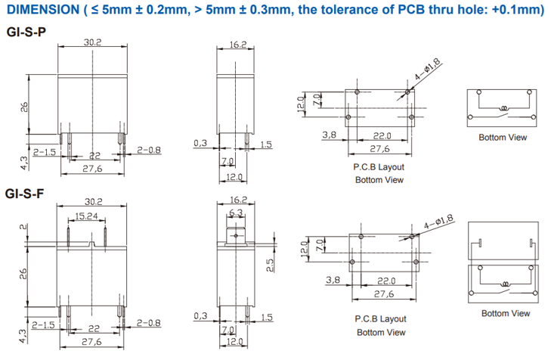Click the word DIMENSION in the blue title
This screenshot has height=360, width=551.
[x=43, y=10]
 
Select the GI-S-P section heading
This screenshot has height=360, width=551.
[x=26, y=33]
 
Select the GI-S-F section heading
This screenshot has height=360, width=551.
[x=25, y=194]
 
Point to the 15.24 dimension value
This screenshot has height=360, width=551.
[x=86, y=216]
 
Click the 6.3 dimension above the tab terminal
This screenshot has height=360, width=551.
[x=236, y=213]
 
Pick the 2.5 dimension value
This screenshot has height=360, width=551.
[x=270, y=265]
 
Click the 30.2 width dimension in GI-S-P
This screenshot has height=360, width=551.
[x=92, y=42]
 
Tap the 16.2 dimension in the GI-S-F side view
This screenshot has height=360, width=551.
[x=239, y=200]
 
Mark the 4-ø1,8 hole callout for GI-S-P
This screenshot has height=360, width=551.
[x=427, y=69]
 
